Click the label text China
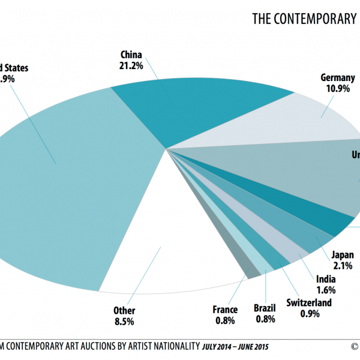pyautogui.click(x=131, y=55)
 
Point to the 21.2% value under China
pyautogui.click(x=131, y=65)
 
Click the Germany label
pyautogui.click(x=338, y=77)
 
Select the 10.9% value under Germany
pyautogui.click(x=338, y=88)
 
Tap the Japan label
pyautogui.click(x=343, y=254)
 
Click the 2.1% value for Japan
pyautogui.click(x=343, y=265)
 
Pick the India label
pyautogui.click(x=325, y=279)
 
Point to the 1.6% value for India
pyautogui.click(x=325, y=289)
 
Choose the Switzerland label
pyautogui.click(x=308, y=302)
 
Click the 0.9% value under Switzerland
pyautogui.click(x=308, y=313)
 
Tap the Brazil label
pyautogui.click(x=265, y=310)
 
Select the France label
pyautogui.click(x=225, y=310)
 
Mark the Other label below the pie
pyautogui.click(x=124, y=311)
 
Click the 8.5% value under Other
pyautogui.click(x=124, y=321)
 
